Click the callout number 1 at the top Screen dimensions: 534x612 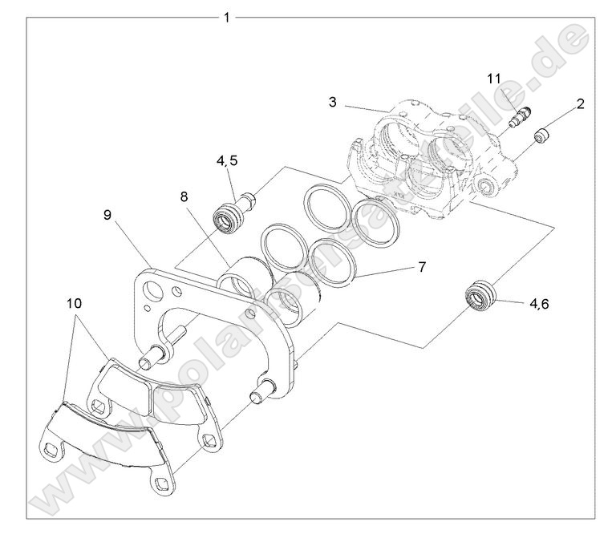click(227, 17)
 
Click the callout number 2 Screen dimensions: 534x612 click(580, 104)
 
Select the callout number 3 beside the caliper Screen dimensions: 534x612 click(332, 102)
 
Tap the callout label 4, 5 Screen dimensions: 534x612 click(226, 160)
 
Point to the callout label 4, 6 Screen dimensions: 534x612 click(538, 304)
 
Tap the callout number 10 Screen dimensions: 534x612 click(74, 304)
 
